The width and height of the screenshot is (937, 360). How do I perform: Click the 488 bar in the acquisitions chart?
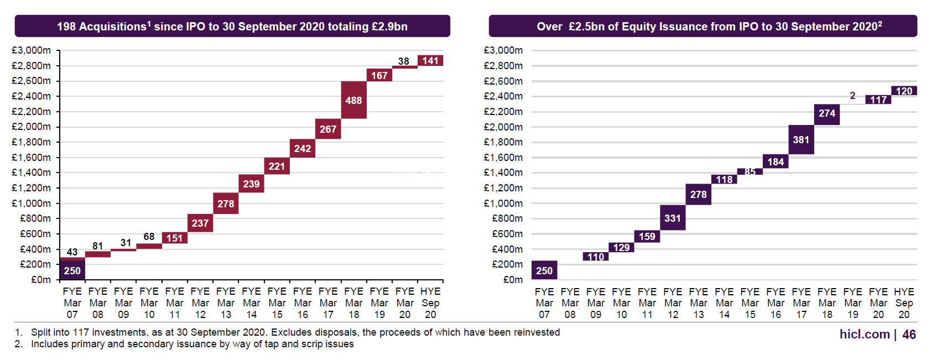point(353,100)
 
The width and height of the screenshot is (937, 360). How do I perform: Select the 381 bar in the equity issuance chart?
point(801,139)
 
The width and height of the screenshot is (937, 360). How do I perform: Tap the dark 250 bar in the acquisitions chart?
point(72,270)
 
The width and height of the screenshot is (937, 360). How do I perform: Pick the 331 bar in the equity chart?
point(673,218)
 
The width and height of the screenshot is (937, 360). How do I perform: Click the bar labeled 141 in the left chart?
point(430,61)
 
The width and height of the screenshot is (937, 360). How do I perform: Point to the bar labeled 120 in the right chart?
point(904,91)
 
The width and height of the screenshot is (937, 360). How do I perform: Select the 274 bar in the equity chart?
point(827,113)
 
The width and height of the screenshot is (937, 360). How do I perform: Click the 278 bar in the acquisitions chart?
point(226,204)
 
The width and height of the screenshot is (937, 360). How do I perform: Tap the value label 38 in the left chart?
point(404,61)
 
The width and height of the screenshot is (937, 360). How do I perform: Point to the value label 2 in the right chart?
point(852,96)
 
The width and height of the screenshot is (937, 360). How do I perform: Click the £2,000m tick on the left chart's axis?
point(31,127)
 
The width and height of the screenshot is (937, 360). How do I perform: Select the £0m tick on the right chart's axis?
point(513,280)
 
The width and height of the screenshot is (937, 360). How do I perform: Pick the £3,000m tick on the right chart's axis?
point(503,50)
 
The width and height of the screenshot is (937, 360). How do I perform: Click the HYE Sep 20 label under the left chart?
point(430,303)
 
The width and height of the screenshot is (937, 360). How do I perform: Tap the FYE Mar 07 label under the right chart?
point(544,303)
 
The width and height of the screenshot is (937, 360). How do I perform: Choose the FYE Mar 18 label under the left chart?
point(353,303)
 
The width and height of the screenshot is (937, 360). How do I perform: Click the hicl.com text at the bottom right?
point(865,335)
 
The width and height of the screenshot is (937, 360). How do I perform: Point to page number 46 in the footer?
point(909,335)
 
